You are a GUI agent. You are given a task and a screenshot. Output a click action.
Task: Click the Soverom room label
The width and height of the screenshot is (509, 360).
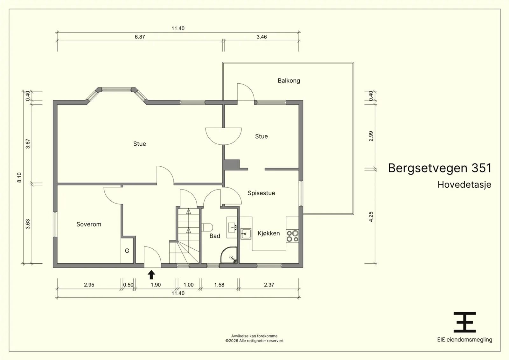point(89,225)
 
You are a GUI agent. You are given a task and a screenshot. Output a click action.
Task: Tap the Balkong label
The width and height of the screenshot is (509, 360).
point(289,81)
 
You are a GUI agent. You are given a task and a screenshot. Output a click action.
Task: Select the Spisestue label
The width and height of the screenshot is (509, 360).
point(261,193)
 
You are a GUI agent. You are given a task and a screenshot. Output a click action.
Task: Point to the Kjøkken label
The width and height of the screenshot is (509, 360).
point(268,233)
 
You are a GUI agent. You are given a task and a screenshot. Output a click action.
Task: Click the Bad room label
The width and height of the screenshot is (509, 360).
point(215,236)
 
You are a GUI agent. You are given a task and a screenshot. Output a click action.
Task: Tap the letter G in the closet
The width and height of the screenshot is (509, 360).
point(127,251)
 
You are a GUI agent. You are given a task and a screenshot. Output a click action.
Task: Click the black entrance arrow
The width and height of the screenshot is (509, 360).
point(151,274)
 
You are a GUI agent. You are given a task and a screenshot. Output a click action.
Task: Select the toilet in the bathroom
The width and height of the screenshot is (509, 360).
point(207,227)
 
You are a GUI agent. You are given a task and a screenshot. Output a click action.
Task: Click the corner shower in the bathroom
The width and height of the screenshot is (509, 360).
point(229,255)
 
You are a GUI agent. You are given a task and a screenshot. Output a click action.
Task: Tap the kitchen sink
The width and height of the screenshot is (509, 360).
point(246,234)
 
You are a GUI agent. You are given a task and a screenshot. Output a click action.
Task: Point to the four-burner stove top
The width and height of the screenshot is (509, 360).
point(292,236)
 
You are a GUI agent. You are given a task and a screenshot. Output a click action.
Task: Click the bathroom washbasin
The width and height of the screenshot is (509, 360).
point(232,227)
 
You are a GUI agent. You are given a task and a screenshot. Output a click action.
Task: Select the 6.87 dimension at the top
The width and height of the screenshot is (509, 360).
point(140,37)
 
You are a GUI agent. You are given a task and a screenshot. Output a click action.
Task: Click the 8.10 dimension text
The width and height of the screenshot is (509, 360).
point(19,177)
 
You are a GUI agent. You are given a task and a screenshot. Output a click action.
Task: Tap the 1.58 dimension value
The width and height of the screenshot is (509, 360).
point(219,285)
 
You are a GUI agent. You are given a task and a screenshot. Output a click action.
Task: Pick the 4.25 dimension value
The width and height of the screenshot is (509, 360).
point(371,217)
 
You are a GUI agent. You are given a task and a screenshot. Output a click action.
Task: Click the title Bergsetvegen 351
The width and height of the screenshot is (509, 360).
point(439,168)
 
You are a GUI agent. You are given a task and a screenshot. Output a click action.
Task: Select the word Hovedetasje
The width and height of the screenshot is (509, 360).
point(464,185)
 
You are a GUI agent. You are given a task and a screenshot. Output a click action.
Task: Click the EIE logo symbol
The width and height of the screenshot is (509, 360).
point(465,322)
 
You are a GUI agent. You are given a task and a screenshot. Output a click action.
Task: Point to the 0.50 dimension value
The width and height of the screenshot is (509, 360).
point(128,285)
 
